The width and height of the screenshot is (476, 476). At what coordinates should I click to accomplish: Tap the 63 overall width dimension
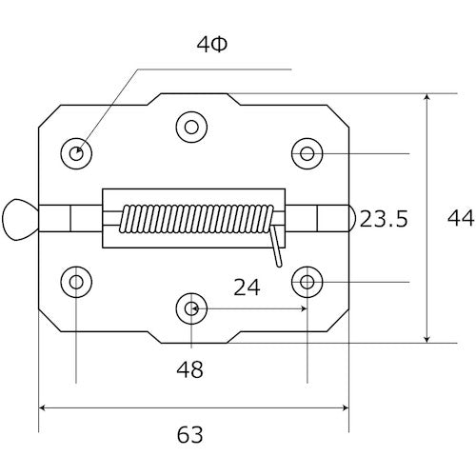(190, 435)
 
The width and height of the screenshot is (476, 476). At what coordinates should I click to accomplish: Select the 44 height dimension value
(461, 219)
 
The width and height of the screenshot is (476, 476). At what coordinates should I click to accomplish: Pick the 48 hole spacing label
(190, 369)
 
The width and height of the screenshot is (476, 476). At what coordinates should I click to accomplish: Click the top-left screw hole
(76, 152)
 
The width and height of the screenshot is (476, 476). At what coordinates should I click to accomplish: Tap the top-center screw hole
(191, 126)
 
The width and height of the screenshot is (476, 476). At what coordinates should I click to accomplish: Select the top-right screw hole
(307, 152)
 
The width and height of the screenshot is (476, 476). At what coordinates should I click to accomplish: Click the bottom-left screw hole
(76, 281)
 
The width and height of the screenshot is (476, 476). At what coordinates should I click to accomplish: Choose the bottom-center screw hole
(191, 308)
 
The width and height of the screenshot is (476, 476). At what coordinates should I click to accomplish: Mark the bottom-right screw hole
(307, 281)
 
